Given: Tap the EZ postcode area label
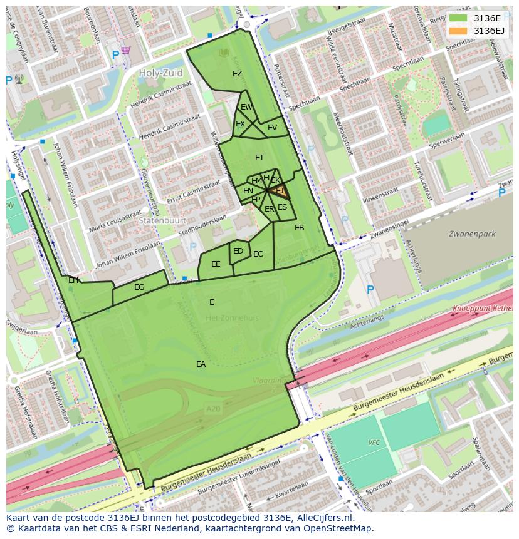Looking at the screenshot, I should (237, 74).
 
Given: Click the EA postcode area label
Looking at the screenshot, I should (201, 364).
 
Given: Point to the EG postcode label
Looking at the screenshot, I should (139, 287).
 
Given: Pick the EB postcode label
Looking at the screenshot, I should (299, 228).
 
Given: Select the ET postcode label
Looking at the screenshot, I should (259, 158).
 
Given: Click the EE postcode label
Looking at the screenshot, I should (216, 264).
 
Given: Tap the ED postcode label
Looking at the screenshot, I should (238, 251).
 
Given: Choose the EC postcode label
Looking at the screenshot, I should (258, 254).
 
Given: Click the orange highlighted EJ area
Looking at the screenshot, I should (279, 191).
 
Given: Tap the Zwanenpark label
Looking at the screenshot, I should (471, 234).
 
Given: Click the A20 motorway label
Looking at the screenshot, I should (214, 408).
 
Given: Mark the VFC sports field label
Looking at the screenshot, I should (374, 443).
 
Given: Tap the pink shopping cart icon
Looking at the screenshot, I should (126, 50).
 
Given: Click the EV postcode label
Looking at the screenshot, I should (272, 128).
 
